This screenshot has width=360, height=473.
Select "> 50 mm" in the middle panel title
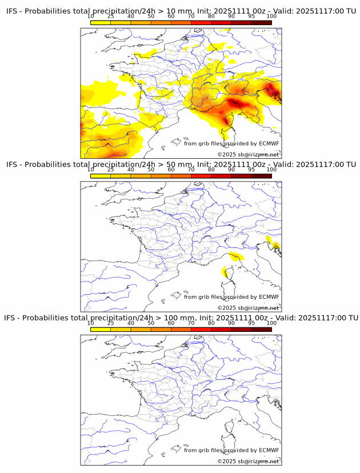coord(175,165)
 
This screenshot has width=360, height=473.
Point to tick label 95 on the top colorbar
coord(251,16)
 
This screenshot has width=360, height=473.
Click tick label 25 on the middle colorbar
coord(111,170)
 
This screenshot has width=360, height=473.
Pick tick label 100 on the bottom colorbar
coord(271,323)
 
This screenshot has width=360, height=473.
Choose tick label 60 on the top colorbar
coord(171,16)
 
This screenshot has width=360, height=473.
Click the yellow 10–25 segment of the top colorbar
coord(101,22)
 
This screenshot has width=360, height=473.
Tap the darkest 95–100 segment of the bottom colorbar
coord(261,329)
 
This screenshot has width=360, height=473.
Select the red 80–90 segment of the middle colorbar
coord(221,176)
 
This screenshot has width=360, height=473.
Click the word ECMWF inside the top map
coord(269,143)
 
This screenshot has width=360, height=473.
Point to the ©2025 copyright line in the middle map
coord(248,308)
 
